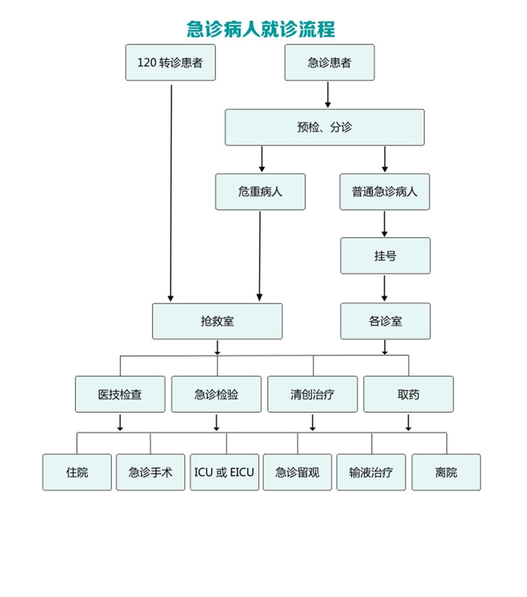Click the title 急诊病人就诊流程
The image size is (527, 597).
coord(261,29)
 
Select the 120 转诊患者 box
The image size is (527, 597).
coord(170,63)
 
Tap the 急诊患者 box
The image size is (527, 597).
coord(329,63)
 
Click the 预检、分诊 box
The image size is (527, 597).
coord(324,127)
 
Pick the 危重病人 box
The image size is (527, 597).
coord(261,192)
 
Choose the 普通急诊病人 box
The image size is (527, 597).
coord(385,192)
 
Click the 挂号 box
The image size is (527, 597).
coord(385,256)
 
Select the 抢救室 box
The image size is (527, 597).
coord(217,321)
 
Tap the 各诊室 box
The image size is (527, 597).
coord(385,321)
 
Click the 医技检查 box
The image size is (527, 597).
coord(120,394)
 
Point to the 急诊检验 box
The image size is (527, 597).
coord(216,394)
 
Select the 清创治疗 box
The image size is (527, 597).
coord(312,394)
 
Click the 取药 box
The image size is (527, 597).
coord(408,394)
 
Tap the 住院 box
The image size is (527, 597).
coord(76,473)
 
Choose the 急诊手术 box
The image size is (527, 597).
coord(150,473)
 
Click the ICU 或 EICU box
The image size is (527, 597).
coord(224,473)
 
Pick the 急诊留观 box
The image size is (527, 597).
coord(297,473)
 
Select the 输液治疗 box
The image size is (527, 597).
coord(371,473)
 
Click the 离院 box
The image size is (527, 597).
coord(445,473)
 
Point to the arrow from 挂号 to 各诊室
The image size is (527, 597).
coord(385,288)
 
